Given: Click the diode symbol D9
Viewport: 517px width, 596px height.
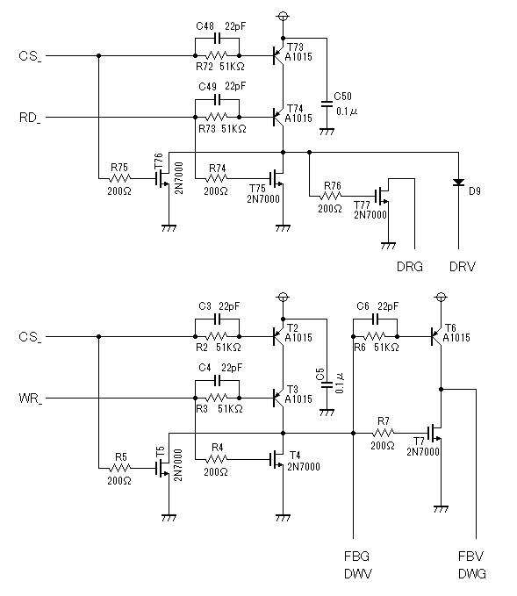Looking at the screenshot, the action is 458,183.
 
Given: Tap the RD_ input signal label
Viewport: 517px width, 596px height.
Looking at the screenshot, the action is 30,118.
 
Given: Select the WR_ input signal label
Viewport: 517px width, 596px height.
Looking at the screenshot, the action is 31,399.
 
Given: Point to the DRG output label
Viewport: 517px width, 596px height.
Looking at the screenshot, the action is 409,267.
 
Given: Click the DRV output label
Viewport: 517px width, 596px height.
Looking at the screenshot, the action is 463,267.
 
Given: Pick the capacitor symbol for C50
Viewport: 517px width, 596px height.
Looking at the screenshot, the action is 327,104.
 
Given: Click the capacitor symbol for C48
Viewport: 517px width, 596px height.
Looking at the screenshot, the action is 218,38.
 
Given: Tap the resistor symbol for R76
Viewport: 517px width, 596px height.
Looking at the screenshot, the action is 331,196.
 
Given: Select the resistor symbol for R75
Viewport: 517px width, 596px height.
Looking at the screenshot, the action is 119,178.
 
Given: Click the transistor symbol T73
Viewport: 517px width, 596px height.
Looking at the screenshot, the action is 278,56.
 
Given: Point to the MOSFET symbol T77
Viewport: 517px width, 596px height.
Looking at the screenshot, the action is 383,196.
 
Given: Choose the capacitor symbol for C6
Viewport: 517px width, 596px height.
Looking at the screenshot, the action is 376,320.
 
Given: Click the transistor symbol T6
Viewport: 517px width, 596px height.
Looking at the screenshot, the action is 436,336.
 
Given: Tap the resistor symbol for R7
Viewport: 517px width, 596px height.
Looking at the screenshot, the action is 384,433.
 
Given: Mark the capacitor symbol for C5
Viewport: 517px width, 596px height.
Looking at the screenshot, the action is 327,384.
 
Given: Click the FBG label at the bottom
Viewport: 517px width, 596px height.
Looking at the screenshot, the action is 356,557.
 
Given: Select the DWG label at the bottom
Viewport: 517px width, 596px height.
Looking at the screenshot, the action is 472,573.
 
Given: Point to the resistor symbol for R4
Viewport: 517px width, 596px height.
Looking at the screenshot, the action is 217,460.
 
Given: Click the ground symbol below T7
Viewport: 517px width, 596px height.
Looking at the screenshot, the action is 441,509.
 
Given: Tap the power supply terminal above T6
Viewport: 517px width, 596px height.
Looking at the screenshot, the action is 441,297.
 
